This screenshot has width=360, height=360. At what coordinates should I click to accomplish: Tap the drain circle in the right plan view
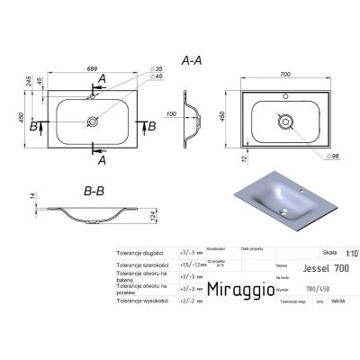point(284,119)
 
